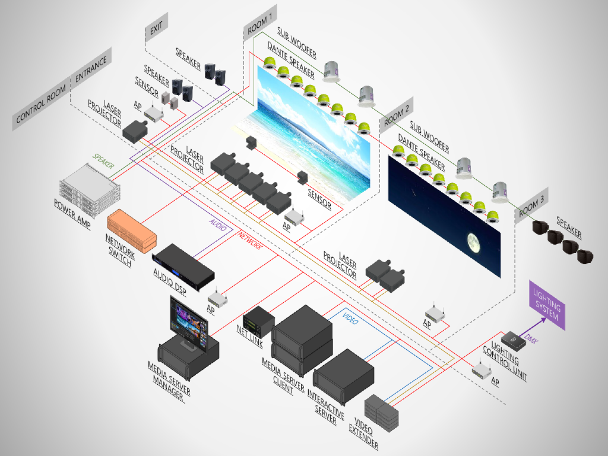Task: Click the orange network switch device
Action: coord(132,229)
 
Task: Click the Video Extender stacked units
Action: coord(381,410)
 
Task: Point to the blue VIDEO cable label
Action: coord(350,318)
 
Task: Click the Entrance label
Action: coord(91,70)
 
